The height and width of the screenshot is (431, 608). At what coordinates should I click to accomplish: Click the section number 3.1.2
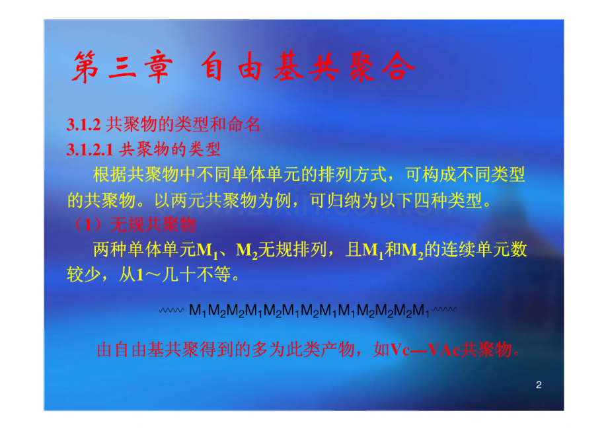tap(83, 124)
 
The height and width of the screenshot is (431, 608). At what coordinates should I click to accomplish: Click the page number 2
tap(539, 385)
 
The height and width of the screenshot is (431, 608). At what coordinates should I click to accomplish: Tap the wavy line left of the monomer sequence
tap(172, 309)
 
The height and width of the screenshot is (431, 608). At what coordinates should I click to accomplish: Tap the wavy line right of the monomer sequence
tap(445, 309)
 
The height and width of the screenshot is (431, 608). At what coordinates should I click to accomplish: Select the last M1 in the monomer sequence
tap(420, 309)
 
